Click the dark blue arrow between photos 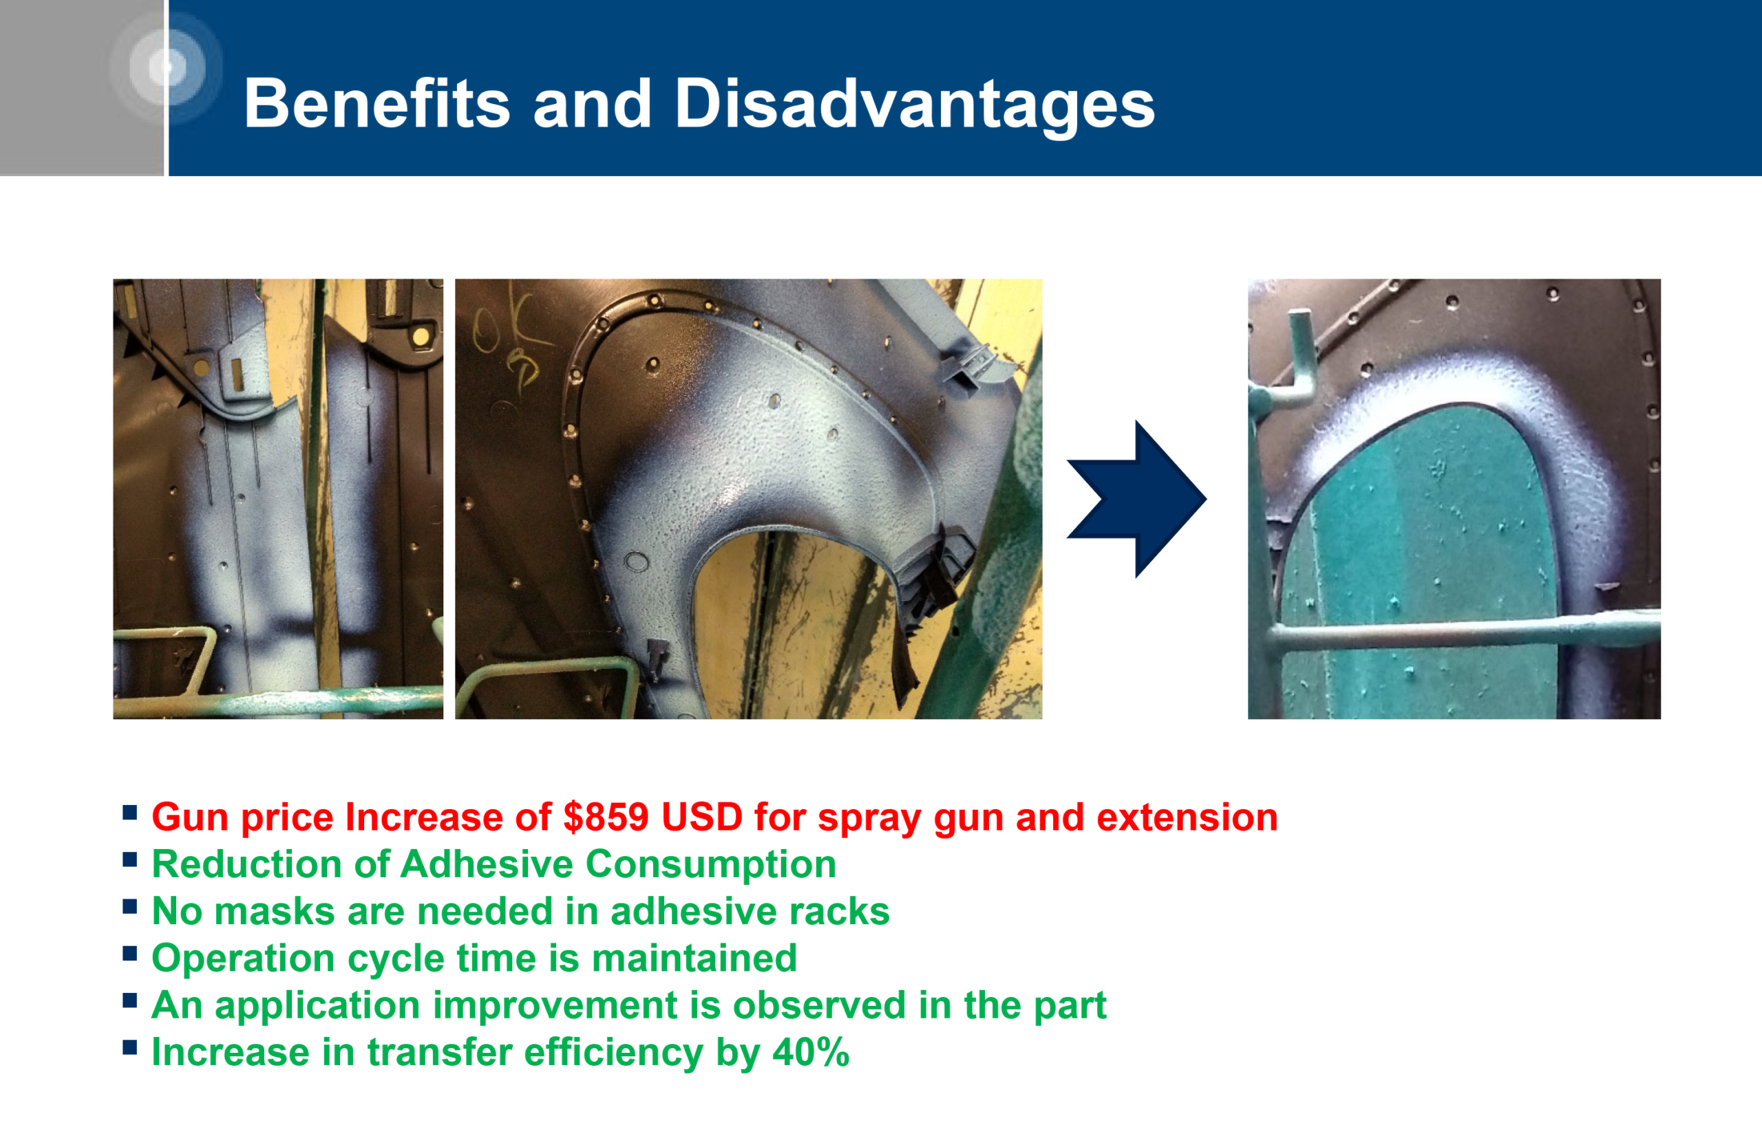point(1136,499)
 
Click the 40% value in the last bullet point(811,1051)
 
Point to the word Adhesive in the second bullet point(487,864)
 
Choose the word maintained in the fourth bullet point(694,958)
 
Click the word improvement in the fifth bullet point(555,1005)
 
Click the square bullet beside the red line point(130,813)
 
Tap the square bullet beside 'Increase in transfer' point(130,1047)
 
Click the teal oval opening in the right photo point(1414,562)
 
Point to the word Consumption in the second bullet point(711,864)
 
